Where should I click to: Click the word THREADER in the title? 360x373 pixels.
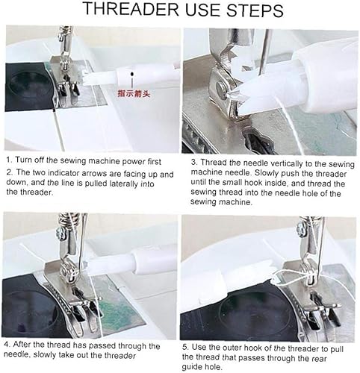[131, 9]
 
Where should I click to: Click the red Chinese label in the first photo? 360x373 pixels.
[134, 94]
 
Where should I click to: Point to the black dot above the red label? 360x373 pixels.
[132, 74]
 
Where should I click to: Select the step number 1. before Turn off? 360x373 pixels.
[9, 160]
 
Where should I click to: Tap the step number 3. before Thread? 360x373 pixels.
[194, 162]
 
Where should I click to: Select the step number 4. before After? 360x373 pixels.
[7, 345]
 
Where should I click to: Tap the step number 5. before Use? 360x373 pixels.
[186, 347]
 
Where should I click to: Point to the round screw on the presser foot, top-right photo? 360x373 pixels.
[220, 87]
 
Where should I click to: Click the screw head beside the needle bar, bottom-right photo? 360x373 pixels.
[300, 227]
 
